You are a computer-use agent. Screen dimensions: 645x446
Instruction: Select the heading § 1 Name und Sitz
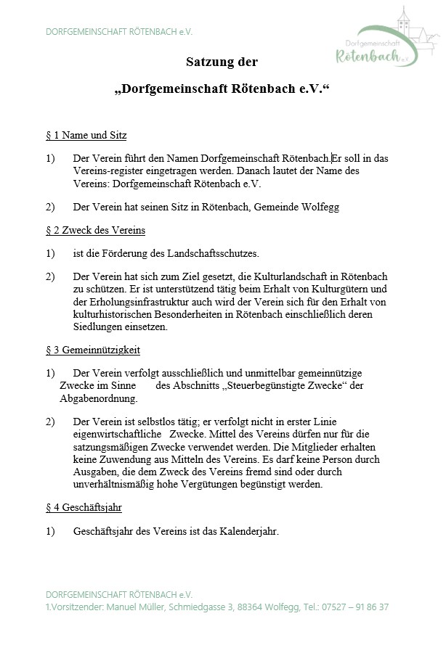click(x=86, y=135)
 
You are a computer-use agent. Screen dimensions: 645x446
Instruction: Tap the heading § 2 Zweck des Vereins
click(x=95, y=230)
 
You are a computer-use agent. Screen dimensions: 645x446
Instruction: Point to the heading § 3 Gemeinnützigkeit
click(x=92, y=350)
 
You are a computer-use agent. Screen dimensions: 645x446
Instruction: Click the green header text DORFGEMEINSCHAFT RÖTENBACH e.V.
click(x=118, y=32)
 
